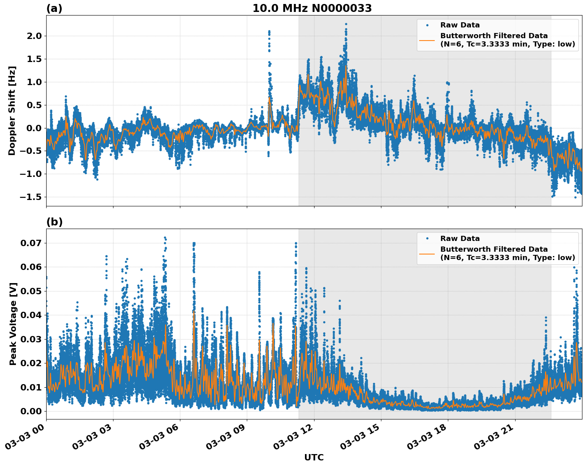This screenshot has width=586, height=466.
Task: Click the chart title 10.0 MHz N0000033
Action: point(312,8)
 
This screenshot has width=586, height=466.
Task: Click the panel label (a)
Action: point(54,8)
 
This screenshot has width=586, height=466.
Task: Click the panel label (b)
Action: point(54,222)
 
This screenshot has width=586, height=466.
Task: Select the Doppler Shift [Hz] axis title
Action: point(12,111)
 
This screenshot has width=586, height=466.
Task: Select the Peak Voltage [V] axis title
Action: point(13,324)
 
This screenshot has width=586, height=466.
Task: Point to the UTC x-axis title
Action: point(314,457)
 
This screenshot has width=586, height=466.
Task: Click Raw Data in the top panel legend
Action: point(460,25)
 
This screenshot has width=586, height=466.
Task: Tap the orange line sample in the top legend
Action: point(427,40)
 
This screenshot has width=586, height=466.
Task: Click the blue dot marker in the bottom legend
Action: point(427,239)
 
